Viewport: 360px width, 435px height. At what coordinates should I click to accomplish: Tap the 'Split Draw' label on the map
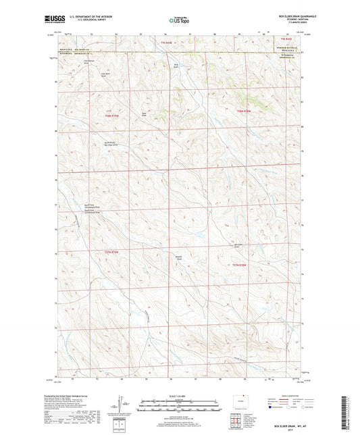tap(144, 114)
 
